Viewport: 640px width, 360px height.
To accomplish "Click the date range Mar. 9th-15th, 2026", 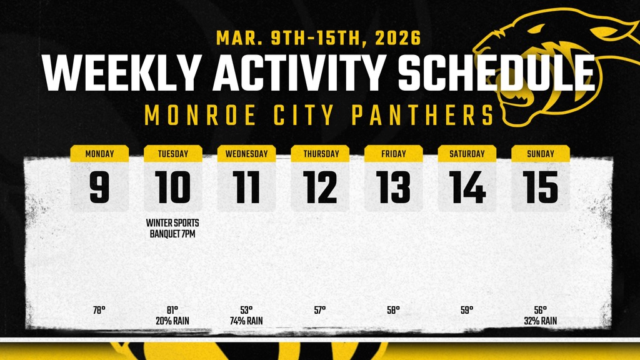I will pos(319,38).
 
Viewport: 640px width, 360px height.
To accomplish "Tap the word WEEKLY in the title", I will pos(122,73).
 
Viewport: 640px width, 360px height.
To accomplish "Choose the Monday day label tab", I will pos(99,154).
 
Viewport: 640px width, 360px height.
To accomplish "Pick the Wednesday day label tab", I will pos(246,154).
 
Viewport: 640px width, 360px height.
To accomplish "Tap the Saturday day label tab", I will pos(467,154).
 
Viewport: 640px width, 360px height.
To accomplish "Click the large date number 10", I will pos(173,188).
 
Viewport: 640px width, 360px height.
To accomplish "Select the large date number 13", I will pos(393,188).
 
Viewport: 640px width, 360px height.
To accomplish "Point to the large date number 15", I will pos(541,188).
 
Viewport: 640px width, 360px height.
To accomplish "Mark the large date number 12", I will pos(320,188).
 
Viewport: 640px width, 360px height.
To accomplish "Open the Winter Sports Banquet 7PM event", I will pos(173,228).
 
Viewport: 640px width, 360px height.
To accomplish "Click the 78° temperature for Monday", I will pos(99,310).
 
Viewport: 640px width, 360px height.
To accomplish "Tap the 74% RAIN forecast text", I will pos(246,321).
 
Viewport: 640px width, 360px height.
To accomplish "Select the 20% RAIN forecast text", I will pos(173,321).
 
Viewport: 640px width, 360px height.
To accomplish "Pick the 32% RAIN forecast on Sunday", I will pos(541,321).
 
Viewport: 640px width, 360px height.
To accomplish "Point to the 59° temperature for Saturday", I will pos(467,310).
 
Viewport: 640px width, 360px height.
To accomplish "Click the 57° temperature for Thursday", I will pos(320,310).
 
